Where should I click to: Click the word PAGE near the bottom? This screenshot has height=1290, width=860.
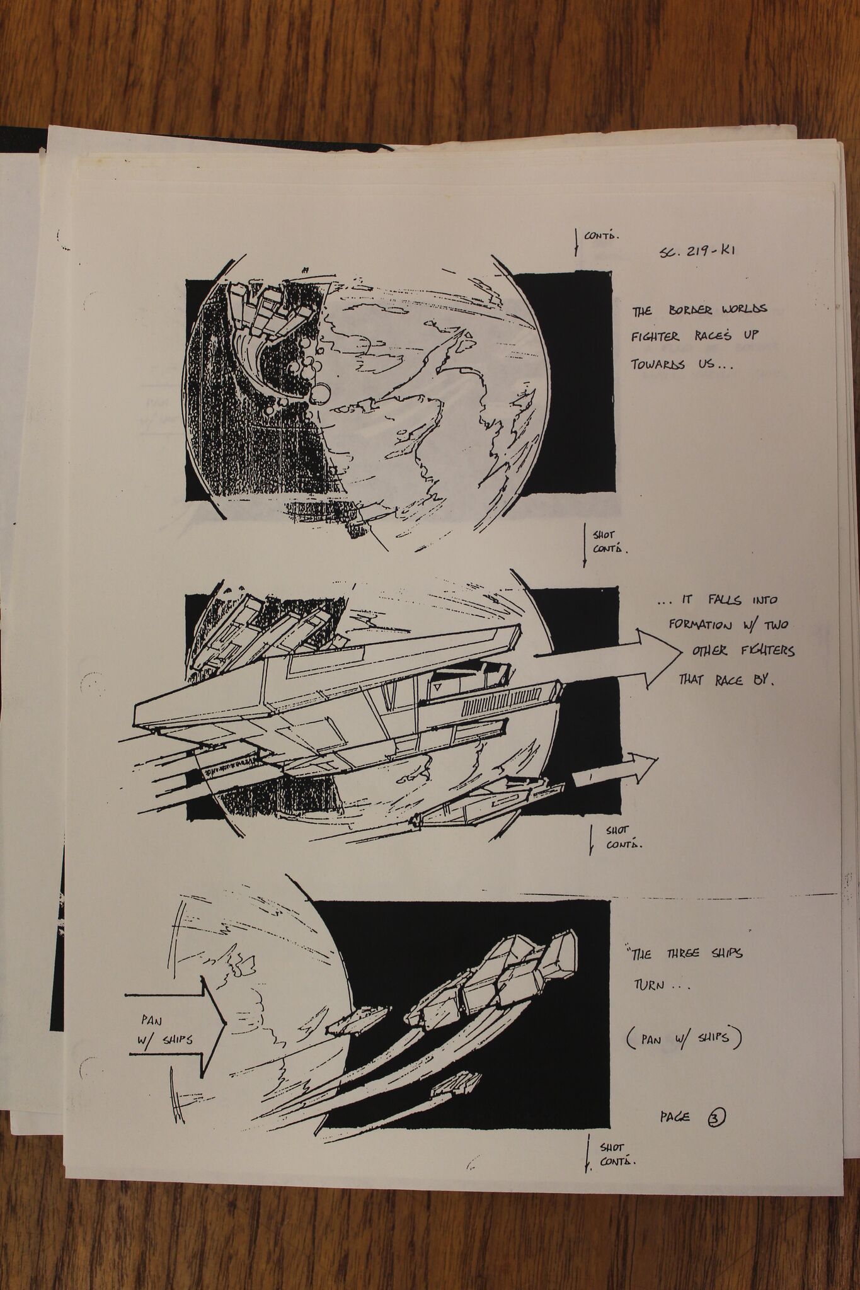(675, 1117)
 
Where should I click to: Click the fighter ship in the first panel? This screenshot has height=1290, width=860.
(265, 327)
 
